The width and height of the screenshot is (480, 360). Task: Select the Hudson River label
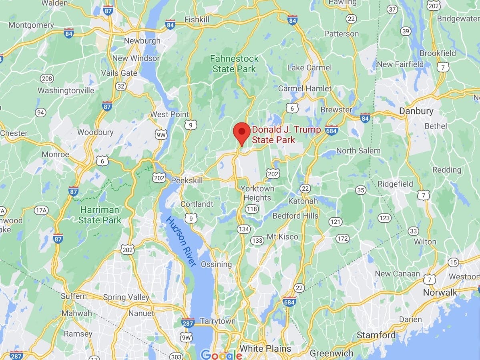coord(181,241)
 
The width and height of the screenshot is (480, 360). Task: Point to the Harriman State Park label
coord(99,215)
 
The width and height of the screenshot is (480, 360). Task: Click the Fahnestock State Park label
coord(234,64)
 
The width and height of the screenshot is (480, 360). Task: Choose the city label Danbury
coord(416,111)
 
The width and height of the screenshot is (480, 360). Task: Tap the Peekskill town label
coord(187,181)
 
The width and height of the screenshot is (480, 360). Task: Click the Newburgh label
coord(142,41)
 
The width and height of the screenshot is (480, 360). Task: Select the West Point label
coord(169,115)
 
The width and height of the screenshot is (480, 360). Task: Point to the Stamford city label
coord(376,335)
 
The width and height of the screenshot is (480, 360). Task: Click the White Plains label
coord(265,348)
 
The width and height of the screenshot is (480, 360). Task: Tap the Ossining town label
coord(216,264)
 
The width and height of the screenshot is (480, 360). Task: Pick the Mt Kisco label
coord(282,237)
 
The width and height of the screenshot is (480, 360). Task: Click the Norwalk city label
coord(440,292)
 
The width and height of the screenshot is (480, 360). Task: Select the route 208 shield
coord(47,78)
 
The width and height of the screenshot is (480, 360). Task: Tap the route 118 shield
coord(252,209)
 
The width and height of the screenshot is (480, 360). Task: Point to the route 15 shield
coord(453,263)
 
